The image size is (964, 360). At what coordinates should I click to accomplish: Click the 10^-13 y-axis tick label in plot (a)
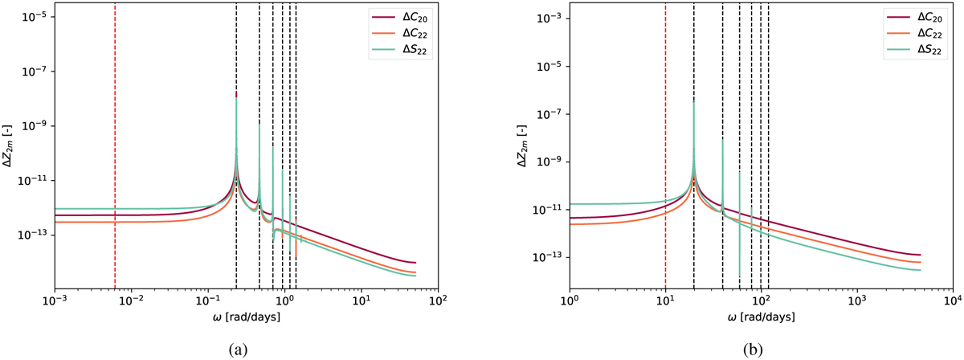[37, 235]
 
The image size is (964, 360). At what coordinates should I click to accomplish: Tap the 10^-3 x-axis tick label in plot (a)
[54, 303]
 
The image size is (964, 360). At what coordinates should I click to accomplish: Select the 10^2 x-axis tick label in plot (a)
[438, 303]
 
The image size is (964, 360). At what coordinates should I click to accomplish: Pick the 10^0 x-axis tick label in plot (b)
[570, 303]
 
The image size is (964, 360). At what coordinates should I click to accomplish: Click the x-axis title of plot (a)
[246, 318]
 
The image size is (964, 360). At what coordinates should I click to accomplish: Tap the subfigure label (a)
[246, 348]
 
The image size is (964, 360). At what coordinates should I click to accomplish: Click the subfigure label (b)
[760, 348]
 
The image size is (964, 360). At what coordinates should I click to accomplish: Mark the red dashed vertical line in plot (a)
[115, 161]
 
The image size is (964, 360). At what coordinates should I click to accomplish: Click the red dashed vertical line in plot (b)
[665, 161]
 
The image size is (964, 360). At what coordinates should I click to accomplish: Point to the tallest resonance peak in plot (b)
[694, 103]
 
